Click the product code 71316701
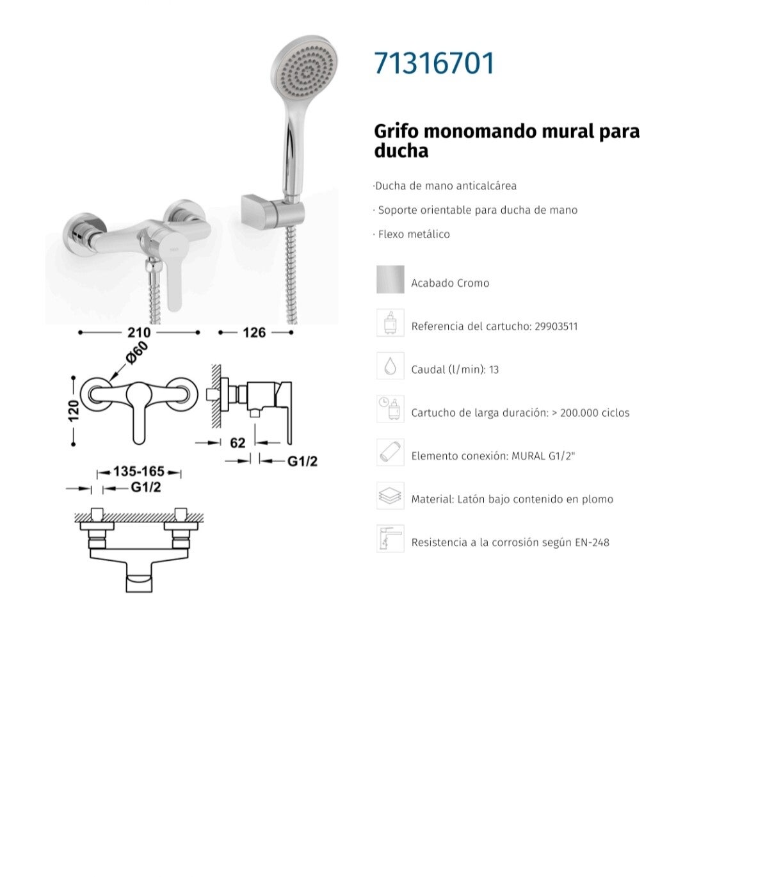pyautogui.click(x=434, y=63)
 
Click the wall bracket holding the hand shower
pyautogui.click(x=273, y=212)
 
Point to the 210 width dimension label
pyautogui.click(x=139, y=332)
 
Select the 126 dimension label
pyautogui.click(x=254, y=332)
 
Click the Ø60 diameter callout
pyautogui.click(x=137, y=353)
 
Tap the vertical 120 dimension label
pyautogui.click(x=74, y=410)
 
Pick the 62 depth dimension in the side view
pyautogui.click(x=238, y=442)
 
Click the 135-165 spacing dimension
pyautogui.click(x=139, y=471)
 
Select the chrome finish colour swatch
pyautogui.click(x=390, y=279)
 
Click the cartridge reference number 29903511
pyautogui.click(x=556, y=326)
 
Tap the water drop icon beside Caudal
pyautogui.click(x=390, y=366)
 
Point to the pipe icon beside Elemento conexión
pyautogui.click(x=390, y=452)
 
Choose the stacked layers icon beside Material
pyautogui.click(x=390, y=495)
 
